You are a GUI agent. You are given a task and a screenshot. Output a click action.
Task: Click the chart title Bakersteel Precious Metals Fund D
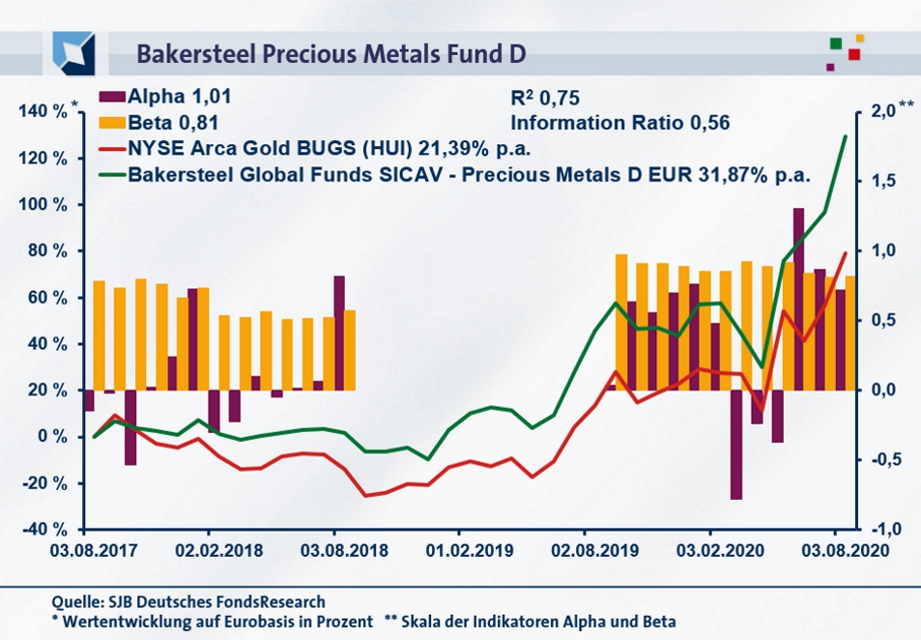tap(331, 52)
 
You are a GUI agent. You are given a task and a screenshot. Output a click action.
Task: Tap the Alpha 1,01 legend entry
tap(165, 98)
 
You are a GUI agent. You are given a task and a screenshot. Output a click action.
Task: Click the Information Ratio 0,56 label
tap(619, 123)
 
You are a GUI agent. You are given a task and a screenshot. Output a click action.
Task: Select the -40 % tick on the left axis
tap(43, 529)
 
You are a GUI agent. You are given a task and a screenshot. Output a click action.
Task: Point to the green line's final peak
tap(846, 137)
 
